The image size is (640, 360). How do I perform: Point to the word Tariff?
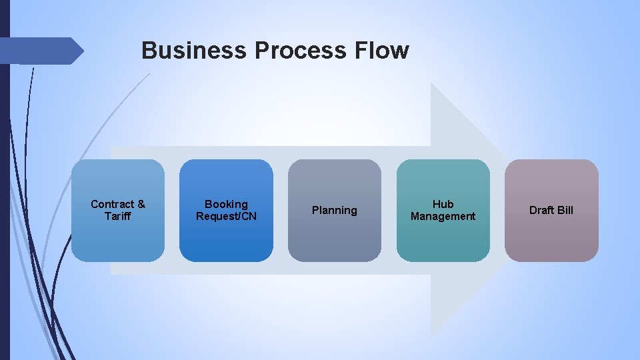click(x=118, y=216)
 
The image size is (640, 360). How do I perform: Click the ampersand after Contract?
click(x=141, y=204)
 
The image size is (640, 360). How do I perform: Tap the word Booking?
click(x=226, y=204)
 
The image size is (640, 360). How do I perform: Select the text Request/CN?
click(x=226, y=216)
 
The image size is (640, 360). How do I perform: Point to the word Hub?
click(x=443, y=204)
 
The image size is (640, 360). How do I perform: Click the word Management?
click(x=443, y=216)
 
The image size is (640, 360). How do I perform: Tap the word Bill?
click(x=565, y=210)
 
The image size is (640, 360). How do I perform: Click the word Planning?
click(x=335, y=210)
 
